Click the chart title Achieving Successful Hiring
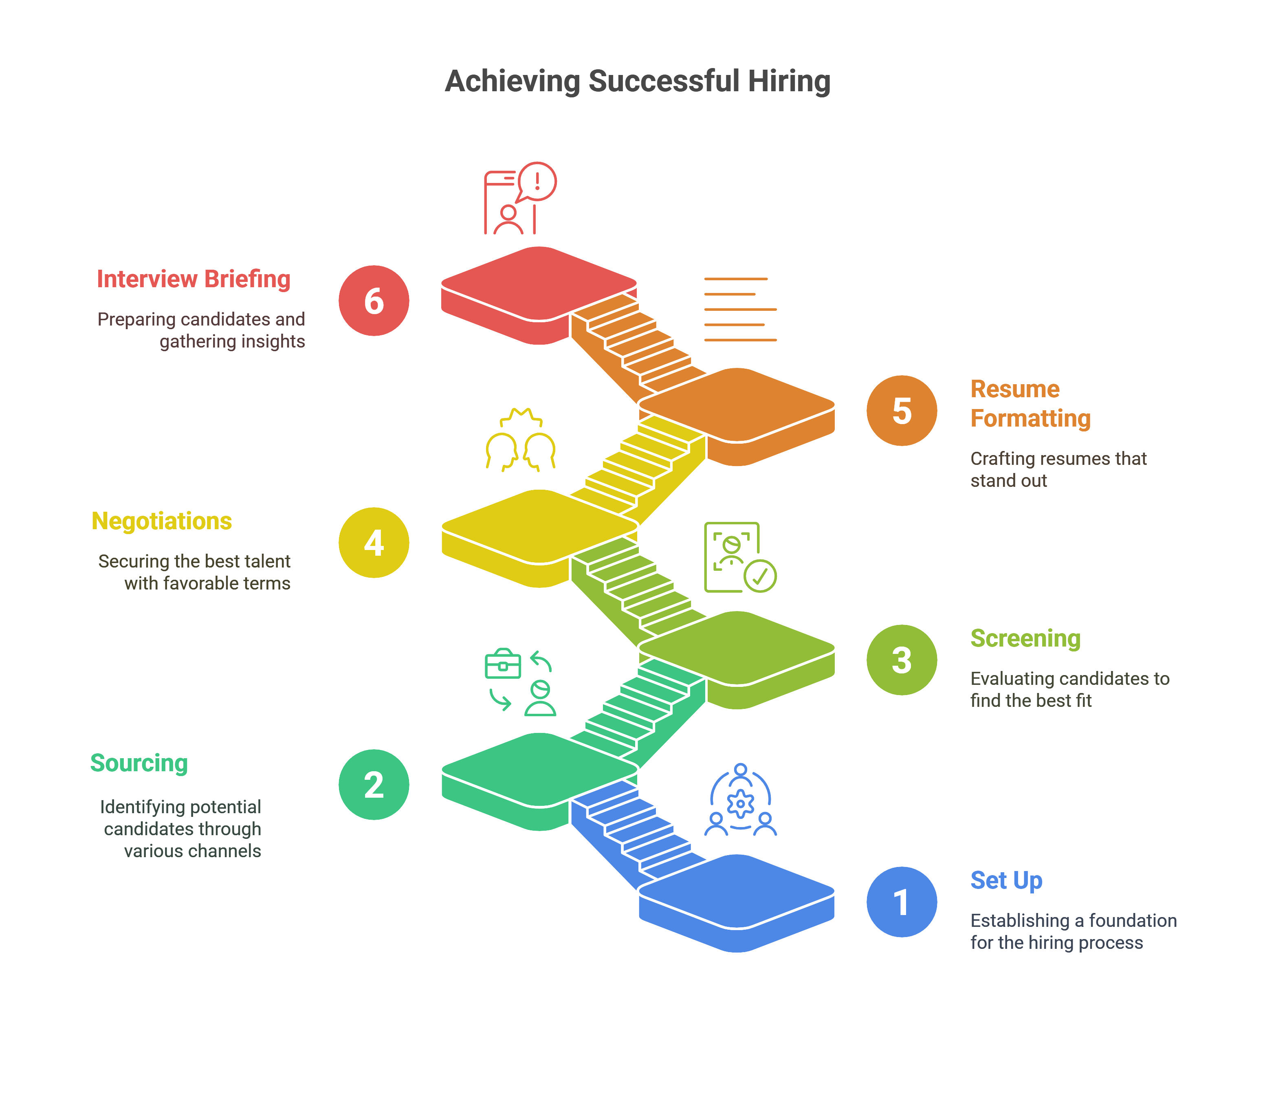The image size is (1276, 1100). coord(637,81)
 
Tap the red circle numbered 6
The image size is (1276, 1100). coord(374,301)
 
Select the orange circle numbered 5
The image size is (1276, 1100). coord(902,410)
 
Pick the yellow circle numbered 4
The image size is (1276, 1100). coord(374,543)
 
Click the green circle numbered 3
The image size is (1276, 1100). coord(902,660)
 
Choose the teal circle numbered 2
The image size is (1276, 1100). coord(374,785)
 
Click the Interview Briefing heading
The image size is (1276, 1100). coord(194,279)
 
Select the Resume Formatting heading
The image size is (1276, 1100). coord(1030,403)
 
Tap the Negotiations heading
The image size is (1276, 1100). coord(161,521)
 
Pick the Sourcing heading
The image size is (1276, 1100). coord(139,763)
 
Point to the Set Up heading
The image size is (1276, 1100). coord(1006,880)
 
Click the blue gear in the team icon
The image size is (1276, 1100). coord(740,803)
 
